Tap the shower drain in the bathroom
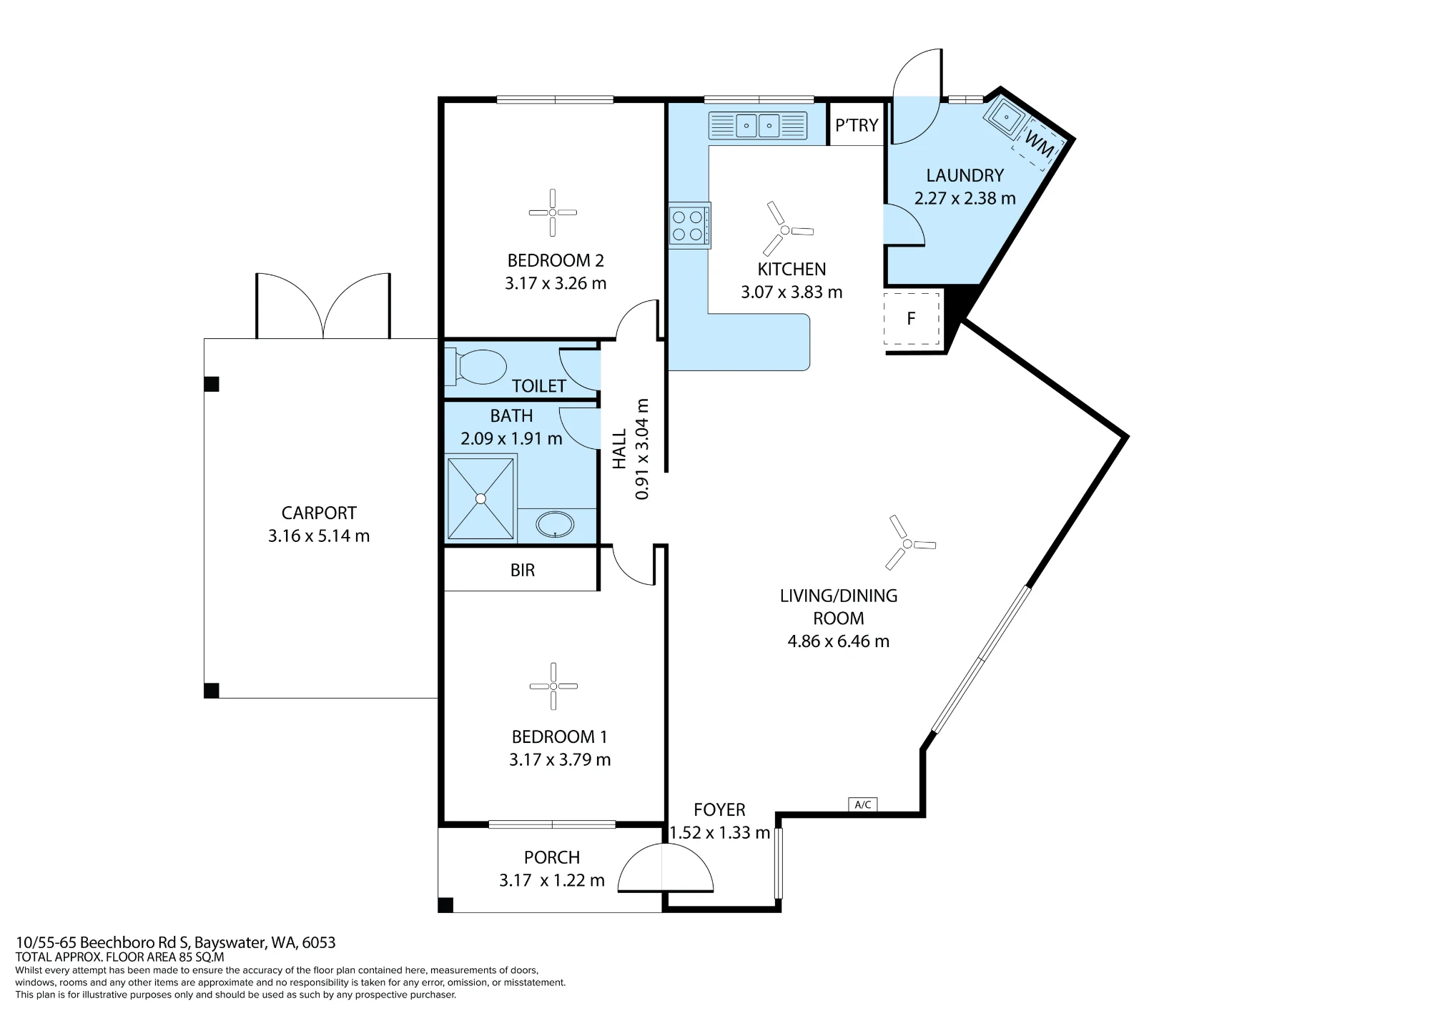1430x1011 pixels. [480, 498]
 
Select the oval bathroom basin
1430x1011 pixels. [555, 524]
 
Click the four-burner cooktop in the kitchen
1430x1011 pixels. [690, 226]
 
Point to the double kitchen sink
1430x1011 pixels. [758, 126]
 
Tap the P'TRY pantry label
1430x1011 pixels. [857, 125]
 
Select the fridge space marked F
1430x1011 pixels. [912, 318]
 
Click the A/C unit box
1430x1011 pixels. [863, 804]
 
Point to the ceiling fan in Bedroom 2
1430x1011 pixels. [553, 212]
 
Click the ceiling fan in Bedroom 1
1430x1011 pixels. [553, 686]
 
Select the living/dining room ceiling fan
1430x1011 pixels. [907, 544]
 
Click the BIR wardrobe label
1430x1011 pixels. [523, 571]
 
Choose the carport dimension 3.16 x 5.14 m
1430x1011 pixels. [319, 536]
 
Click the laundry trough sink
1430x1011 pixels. [1006, 116]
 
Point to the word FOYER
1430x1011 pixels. [719, 809]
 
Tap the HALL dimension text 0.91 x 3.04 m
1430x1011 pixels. [642, 449]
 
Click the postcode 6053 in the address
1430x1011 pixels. [319, 942]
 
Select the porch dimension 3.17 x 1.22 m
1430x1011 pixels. [552, 880]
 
